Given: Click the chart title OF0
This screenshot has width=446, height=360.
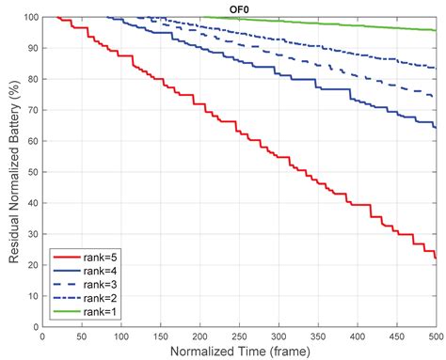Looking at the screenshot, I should click(x=238, y=8).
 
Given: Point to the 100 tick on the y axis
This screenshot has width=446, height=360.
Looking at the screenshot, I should click(x=30, y=17).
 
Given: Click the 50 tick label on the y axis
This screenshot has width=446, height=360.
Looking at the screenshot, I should click(x=32, y=172).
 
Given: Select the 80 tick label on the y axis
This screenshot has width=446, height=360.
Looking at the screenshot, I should click(x=32, y=79).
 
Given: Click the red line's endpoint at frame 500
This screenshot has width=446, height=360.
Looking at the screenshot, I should click(x=436, y=258).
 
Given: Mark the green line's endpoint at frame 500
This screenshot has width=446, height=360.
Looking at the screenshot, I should click(x=436, y=30).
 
